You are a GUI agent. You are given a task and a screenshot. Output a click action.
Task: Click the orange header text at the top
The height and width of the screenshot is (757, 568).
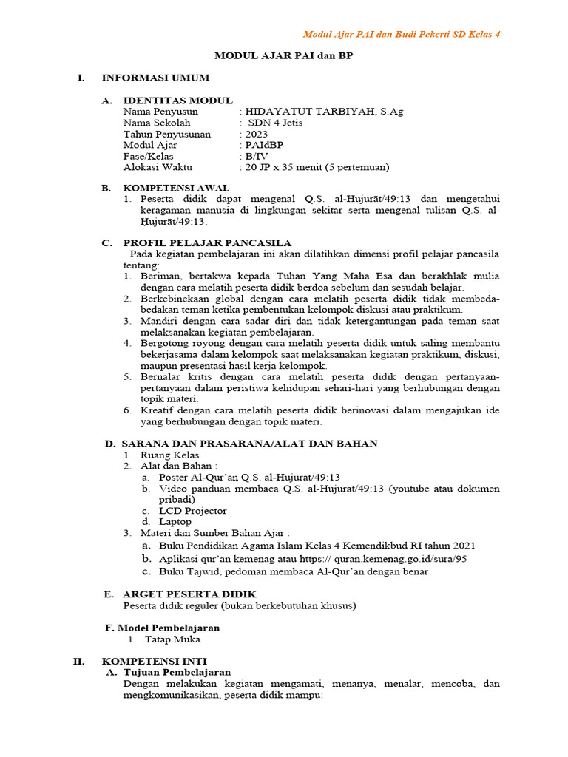click(x=402, y=35)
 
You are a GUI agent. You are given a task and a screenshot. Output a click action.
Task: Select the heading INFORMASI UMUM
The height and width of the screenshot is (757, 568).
click(x=155, y=78)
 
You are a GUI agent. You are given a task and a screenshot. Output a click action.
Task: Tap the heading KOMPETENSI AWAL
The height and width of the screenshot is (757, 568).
click(x=176, y=188)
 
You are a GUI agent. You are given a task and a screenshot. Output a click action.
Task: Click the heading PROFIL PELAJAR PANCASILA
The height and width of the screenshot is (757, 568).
click(x=206, y=242)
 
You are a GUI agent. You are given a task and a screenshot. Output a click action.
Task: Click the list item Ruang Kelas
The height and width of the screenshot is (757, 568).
click(x=169, y=455)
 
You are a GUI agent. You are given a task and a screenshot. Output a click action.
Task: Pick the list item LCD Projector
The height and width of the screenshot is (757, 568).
click(x=192, y=510)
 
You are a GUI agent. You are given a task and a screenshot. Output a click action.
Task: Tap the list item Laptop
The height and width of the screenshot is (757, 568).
click(x=175, y=521)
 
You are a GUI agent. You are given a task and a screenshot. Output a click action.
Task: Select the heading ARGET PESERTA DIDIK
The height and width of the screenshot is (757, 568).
click(x=189, y=594)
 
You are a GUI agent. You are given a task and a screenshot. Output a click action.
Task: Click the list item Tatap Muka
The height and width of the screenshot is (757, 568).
click(x=172, y=639)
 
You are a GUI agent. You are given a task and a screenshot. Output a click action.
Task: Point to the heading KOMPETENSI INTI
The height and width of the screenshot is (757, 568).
click(x=154, y=660)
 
